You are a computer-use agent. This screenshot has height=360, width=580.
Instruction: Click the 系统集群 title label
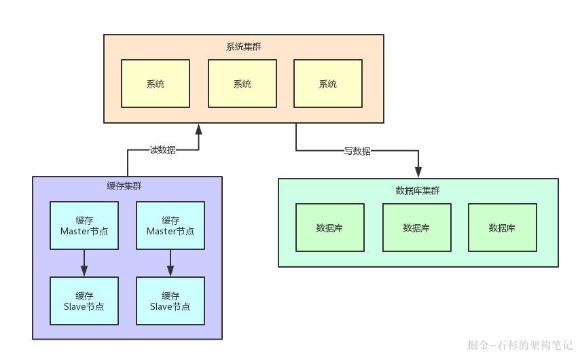[x=243, y=47]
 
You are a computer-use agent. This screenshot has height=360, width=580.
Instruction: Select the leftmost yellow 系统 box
[x=156, y=84]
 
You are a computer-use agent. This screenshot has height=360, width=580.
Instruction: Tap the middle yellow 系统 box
[x=242, y=84]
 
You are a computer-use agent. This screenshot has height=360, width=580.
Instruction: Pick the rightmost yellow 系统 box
[x=328, y=84]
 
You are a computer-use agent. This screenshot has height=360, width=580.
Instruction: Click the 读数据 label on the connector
[x=162, y=150]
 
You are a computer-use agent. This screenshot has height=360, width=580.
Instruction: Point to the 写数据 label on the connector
[x=357, y=151]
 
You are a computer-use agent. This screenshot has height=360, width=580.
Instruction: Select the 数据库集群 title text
[x=418, y=190]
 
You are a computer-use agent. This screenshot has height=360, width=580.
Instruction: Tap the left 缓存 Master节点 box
[x=84, y=226]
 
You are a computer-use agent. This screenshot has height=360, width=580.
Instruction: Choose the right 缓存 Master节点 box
[x=170, y=226]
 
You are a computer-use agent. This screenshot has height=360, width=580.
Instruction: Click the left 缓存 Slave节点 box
[x=84, y=301]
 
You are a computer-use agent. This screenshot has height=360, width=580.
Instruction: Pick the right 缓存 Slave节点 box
[x=170, y=301]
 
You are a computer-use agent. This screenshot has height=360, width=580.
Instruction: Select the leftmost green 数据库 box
[x=329, y=228]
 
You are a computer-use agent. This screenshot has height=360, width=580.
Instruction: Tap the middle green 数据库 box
[x=416, y=228]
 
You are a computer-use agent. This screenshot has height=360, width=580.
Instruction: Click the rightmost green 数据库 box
[x=502, y=228]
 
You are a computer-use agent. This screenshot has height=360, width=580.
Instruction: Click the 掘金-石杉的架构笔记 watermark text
[x=520, y=345]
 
